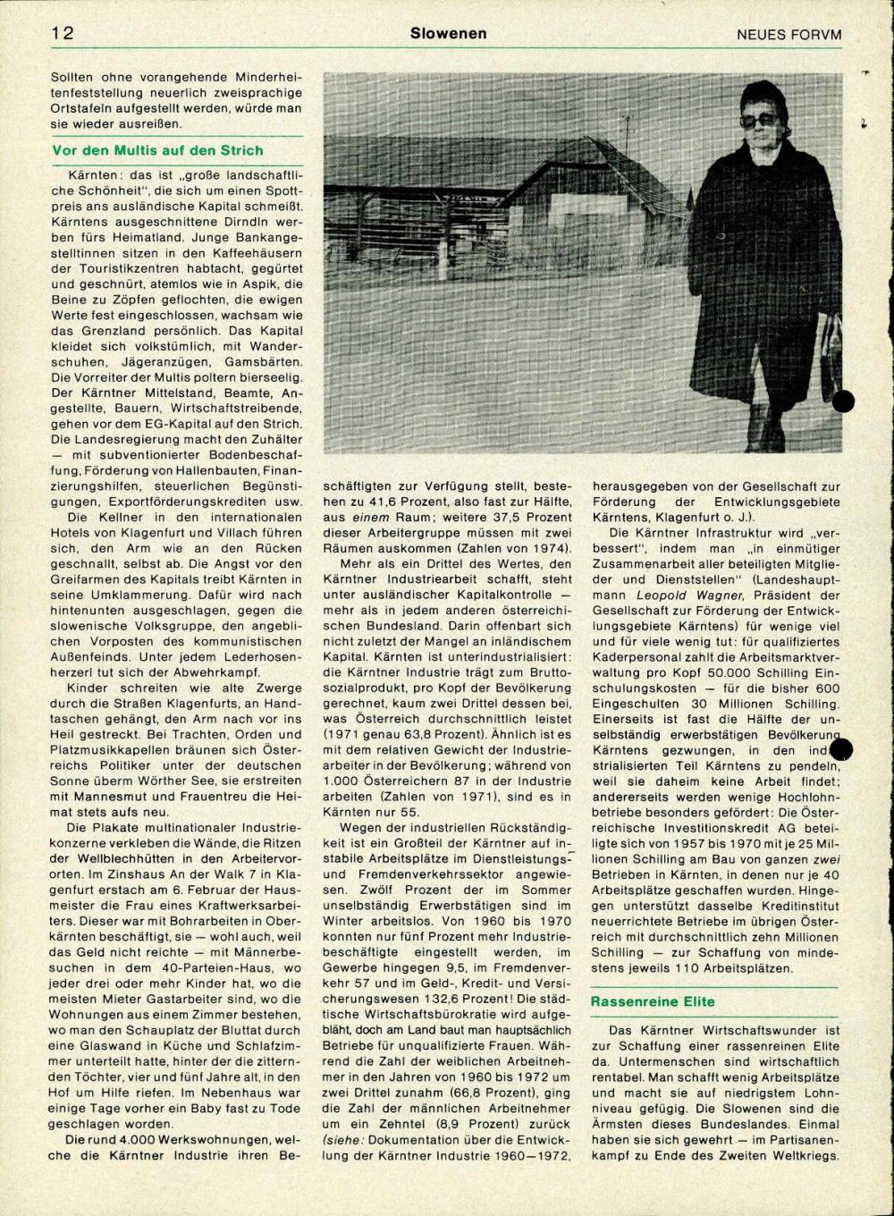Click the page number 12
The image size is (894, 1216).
point(62,33)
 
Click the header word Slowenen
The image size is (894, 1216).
point(449,33)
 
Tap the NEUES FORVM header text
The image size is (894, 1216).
point(789,34)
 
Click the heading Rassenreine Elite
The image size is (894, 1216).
point(653,1001)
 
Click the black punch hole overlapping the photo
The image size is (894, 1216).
point(843,401)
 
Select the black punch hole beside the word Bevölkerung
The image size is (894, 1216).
point(842,749)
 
